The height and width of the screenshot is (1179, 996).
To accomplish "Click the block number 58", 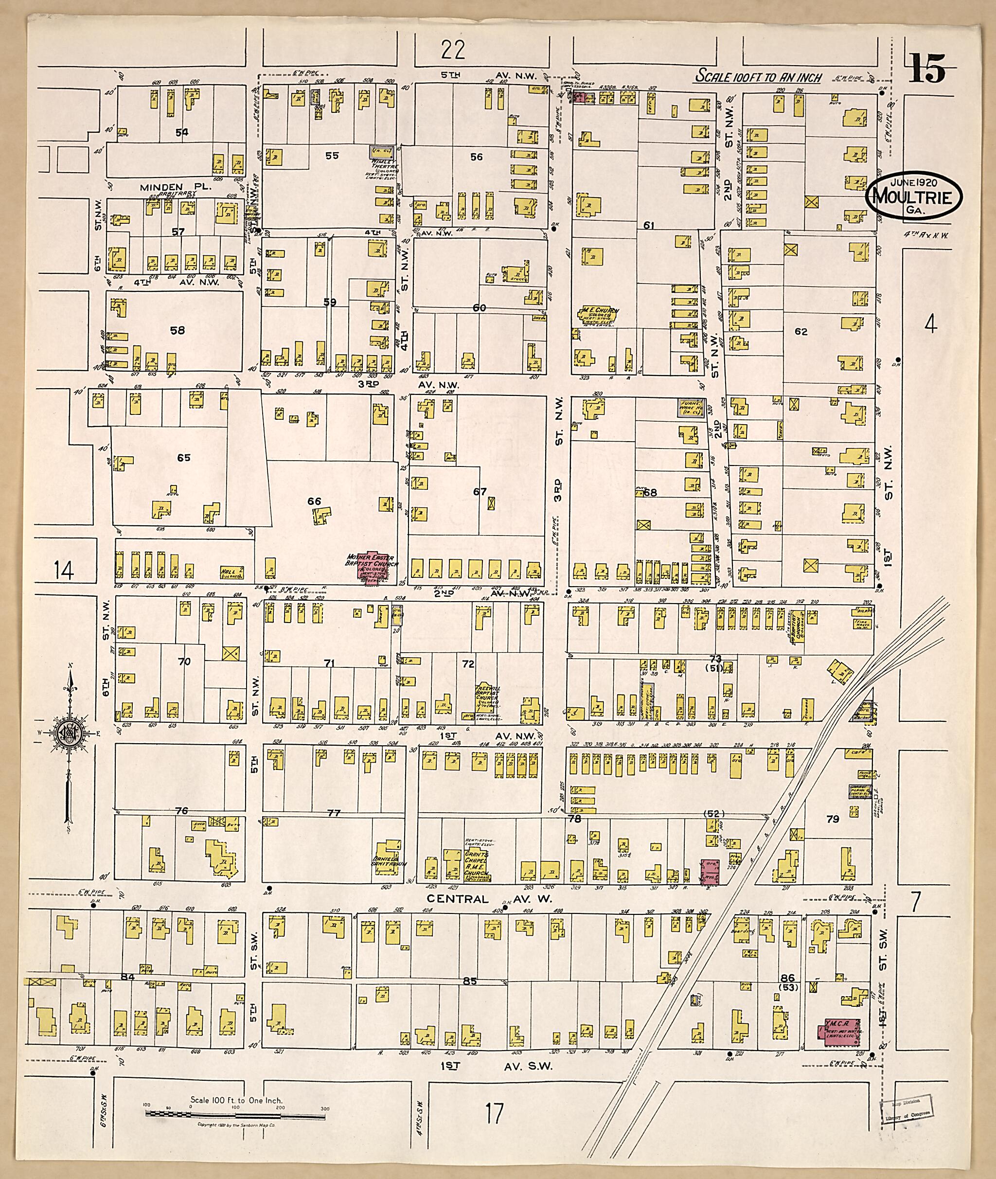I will [178, 330].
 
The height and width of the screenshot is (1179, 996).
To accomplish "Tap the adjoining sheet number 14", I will [64, 571].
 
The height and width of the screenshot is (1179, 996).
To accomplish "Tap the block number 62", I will [800, 331].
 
